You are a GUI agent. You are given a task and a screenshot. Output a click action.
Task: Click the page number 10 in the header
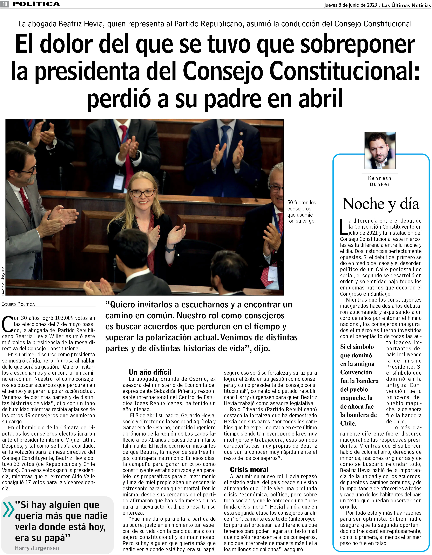tap(5, 4)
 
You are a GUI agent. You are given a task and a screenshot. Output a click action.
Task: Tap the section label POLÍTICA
tap(36, 4)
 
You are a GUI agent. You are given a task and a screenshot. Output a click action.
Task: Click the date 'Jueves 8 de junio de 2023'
tap(350, 5)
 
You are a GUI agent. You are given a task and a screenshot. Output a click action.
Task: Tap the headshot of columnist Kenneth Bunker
tap(380, 150)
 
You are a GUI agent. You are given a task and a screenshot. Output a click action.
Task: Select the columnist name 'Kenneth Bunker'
tap(380, 181)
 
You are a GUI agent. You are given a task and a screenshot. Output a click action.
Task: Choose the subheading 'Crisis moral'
tap(249, 469)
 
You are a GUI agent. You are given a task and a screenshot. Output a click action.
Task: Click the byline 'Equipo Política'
tap(18, 304)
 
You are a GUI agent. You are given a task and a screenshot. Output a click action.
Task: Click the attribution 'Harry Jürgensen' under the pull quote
tap(37, 548)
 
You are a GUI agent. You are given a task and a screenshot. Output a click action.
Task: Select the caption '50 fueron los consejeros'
tap(302, 211)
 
